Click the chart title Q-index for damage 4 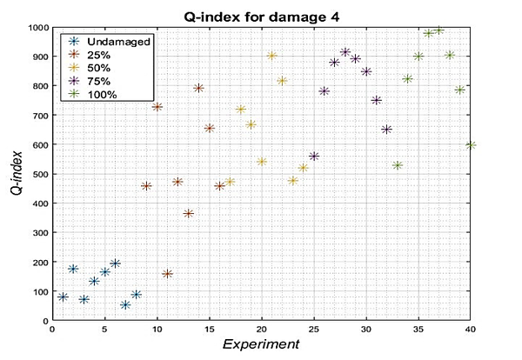[x=261, y=15]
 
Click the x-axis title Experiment [x=261, y=344]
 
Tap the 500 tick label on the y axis [x=39, y=174]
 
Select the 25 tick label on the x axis [x=314, y=330]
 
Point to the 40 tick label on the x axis [x=471, y=330]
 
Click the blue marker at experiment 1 [x=63, y=297]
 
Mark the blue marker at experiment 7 [x=125, y=305]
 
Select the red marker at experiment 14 [x=198, y=89]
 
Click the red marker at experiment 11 [x=167, y=274]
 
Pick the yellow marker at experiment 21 [x=271, y=56]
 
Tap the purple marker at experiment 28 [x=345, y=52]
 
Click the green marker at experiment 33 [x=398, y=165]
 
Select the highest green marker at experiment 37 [x=439, y=30]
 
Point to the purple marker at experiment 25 [x=314, y=157]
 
